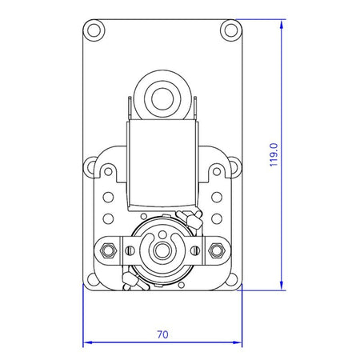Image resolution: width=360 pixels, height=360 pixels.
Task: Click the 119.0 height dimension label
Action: (274, 154)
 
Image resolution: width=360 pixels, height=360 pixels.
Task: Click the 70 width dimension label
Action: (162, 334)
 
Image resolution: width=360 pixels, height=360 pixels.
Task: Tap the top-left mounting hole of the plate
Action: (94, 30)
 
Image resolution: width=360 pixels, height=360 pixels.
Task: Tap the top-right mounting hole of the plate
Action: (231, 30)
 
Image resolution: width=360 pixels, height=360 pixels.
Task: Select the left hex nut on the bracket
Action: (108, 250)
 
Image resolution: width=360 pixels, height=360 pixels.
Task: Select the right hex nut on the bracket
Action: (217, 250)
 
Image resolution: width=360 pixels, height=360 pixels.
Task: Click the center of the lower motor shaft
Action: (162, 250)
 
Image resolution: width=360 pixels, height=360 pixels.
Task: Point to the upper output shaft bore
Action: (162, 98)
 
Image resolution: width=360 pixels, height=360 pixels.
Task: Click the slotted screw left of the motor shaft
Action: (130, 250)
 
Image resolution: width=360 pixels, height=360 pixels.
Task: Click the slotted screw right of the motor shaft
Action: (195, 250)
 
